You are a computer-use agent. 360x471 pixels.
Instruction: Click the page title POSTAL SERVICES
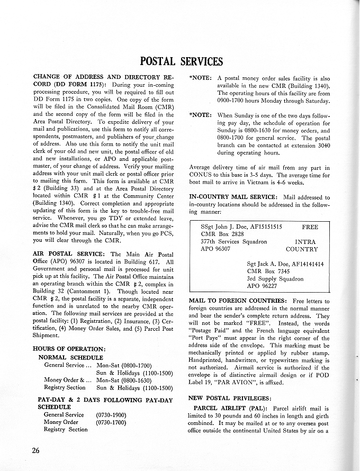[181, 61]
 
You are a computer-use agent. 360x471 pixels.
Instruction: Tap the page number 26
[36, 450]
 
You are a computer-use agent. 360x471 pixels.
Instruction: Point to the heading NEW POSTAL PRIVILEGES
[230, 397]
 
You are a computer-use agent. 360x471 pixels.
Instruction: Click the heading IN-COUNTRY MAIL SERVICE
[232, 197]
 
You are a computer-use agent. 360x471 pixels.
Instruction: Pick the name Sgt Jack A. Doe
[272, 264]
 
